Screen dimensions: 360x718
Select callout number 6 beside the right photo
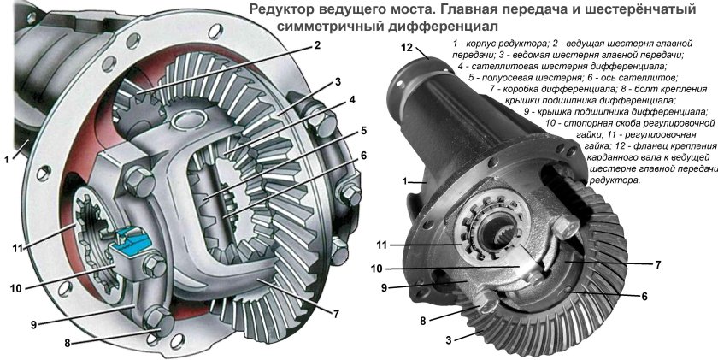coord(644,297)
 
